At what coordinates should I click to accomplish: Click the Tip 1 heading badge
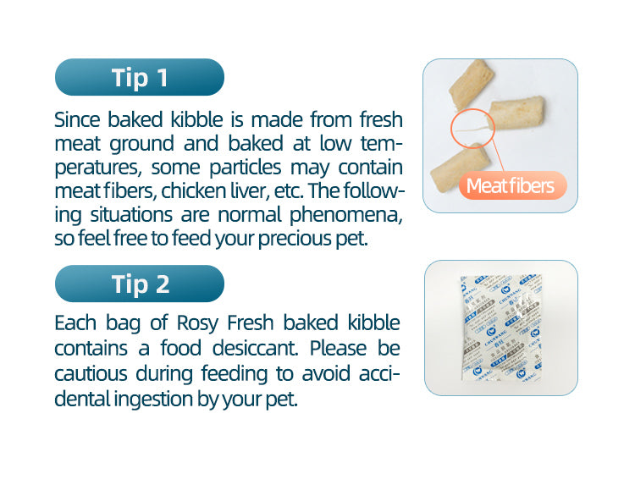140,78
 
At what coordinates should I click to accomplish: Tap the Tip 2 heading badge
140,284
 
